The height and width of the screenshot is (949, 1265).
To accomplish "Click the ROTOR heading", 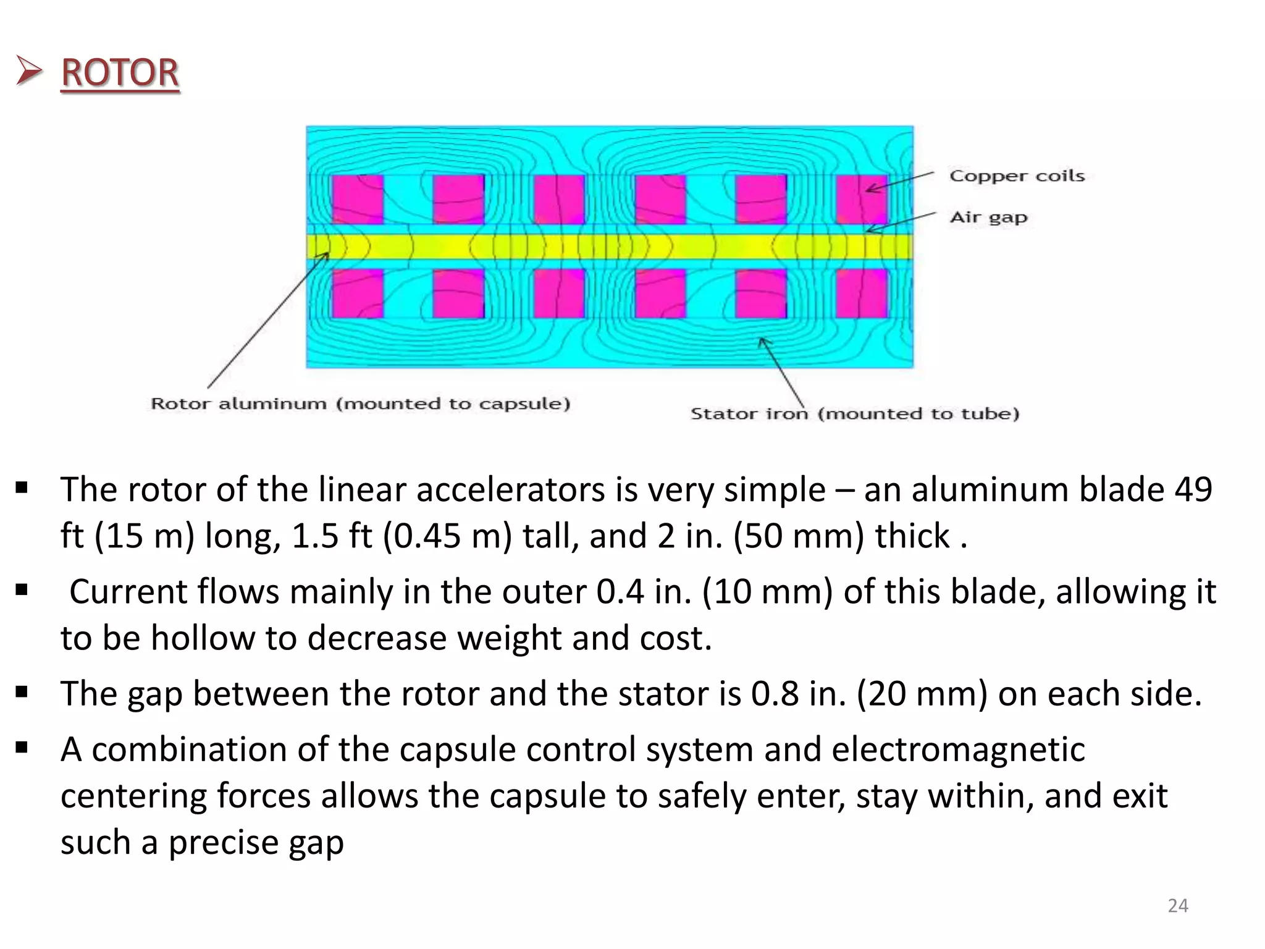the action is (120, 73).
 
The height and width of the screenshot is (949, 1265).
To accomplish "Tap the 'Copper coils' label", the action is (1017, 176).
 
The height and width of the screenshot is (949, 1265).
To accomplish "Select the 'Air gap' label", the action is (988, 217).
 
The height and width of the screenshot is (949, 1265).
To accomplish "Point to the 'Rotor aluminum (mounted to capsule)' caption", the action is (360, 404).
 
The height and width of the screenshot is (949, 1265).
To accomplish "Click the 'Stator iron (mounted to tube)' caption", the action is (854, 414).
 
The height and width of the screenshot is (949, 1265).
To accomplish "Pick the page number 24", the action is (1178, 906).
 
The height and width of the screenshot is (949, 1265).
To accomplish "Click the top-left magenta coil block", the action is (358, 199).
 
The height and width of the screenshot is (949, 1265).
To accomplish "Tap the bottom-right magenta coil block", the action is (862, 293).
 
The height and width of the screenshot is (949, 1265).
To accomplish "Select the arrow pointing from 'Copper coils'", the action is (900, 182).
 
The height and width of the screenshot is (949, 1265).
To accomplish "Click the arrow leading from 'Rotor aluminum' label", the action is (266, 321).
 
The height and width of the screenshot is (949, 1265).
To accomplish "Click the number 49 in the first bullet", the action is (1193, 490).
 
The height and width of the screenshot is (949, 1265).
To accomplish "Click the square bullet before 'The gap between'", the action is (22, 692).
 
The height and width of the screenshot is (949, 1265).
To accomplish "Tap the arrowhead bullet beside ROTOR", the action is (29, 71).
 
